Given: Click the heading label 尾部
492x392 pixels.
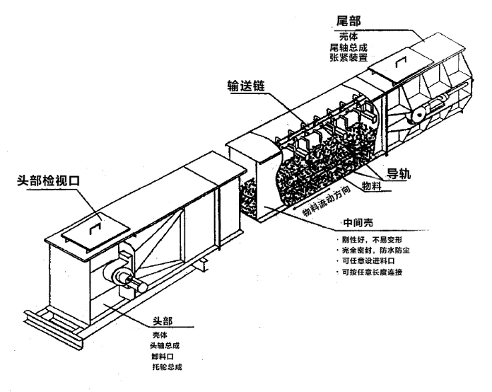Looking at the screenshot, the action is (348, 21).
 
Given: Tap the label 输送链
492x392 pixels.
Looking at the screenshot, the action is (246, 86).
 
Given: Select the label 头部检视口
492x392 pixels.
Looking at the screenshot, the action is (48, 181).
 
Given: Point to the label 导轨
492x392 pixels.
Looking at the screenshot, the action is (398, 173).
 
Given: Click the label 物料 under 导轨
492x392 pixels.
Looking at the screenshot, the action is (372, 186).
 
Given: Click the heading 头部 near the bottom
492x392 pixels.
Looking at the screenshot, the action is (163, 321).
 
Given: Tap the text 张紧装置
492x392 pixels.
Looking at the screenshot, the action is (348, 57).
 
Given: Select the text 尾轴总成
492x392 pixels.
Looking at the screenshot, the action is (348, 47).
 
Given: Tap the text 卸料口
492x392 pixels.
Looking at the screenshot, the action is (162, 357).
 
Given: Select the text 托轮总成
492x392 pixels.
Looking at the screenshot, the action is (167, 367).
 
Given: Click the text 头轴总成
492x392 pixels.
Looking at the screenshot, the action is (165, 346).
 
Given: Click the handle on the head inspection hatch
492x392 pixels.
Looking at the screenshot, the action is (95, 229).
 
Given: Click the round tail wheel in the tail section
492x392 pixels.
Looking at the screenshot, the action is (418, 115).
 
